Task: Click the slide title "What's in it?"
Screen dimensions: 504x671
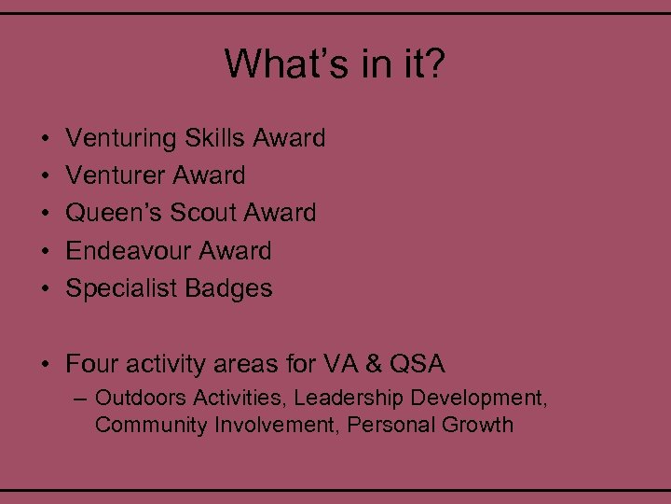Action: pos(335,64)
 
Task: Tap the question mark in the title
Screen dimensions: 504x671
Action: pos(435,64)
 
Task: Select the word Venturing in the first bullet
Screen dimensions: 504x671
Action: pos(121,138)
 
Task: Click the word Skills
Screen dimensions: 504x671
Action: pos(213,138)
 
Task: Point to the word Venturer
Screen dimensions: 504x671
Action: pos(116,175)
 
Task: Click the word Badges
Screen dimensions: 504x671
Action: pos(229,289)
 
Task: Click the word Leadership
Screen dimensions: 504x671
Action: pos(349,399)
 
